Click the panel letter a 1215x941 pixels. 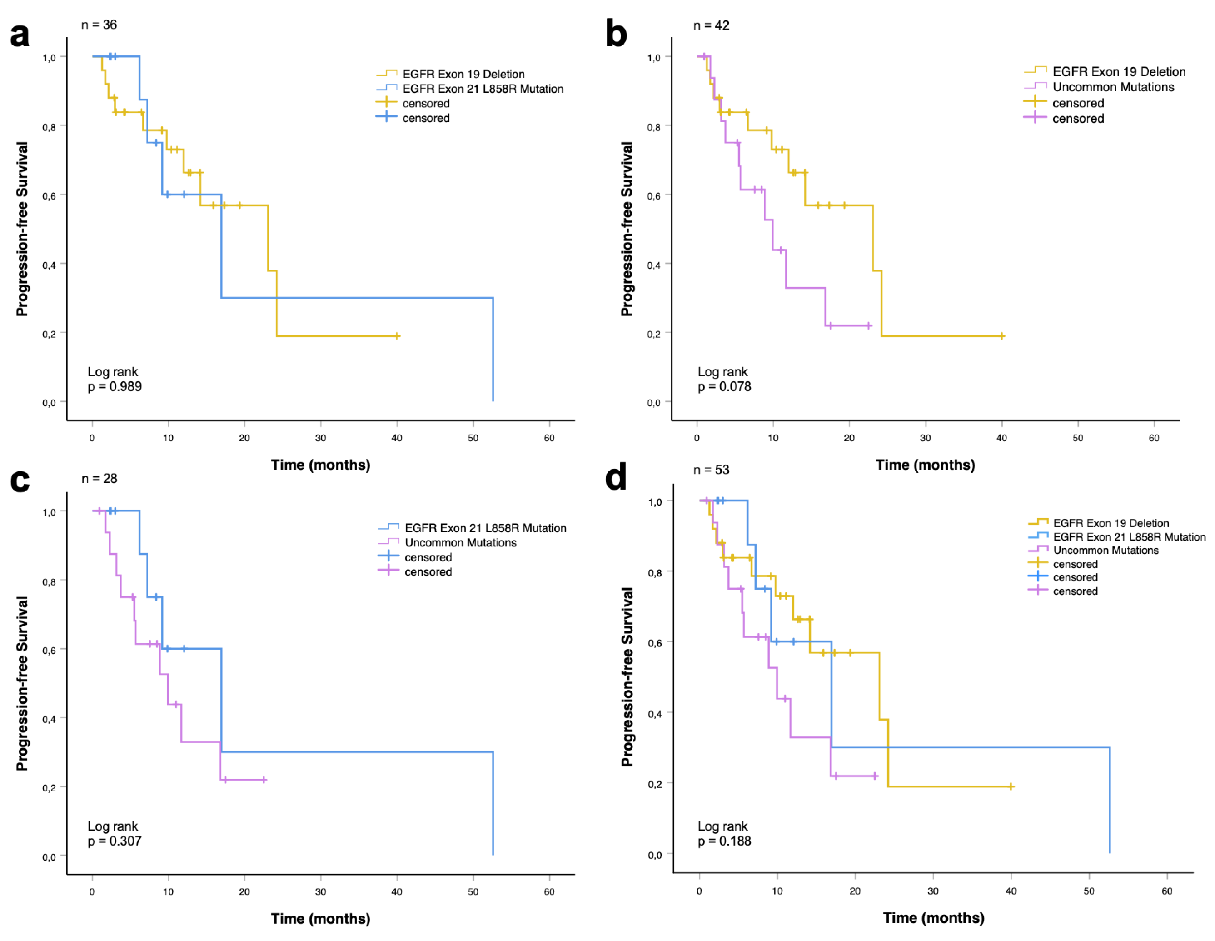[x=20, y=35]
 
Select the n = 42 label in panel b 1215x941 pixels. [x=711, y=25]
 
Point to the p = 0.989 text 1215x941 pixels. [x=115, y=386]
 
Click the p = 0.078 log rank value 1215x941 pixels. [x=724, y=386]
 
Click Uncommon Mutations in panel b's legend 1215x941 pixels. [x=1113, y=87]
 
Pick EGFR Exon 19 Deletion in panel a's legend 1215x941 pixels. [x=463, y=74]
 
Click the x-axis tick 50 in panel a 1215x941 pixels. [x=473, y=438]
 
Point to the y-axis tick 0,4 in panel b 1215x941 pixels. [x=654, y=265]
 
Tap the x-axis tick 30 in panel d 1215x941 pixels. [x=933, y=891]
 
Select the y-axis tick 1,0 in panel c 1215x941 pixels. [x=49, y=512]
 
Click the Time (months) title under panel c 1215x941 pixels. [x=320, y=918]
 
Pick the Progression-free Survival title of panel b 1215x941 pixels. [x=627, y=229]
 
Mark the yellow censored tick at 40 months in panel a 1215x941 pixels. [x=397, y=336]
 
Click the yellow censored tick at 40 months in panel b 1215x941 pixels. [x=1001, y=336]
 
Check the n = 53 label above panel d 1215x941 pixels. [x=711, y=470]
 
